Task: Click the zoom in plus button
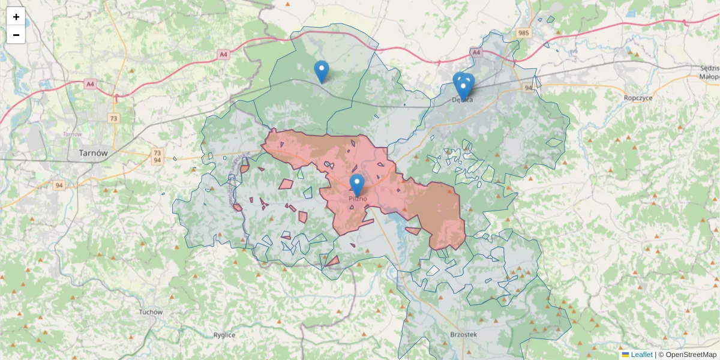pos(16,17)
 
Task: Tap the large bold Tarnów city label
pos(93,153)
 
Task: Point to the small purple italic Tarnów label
pos(72,134)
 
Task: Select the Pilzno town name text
pos(358,198)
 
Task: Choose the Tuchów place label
pos(151,312)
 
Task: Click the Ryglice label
pos(224,335)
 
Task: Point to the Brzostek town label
pos(463,335)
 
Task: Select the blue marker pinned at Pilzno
pos(358,184)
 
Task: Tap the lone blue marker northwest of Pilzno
pos(322,70)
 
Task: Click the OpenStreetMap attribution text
pos(687,355)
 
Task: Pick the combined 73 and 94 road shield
pos(157,156)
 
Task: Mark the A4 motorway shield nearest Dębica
pos(476,53)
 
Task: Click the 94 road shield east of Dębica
pos(529,88)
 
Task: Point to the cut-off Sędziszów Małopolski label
pos(709,72)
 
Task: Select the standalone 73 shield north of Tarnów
pos(114,118)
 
